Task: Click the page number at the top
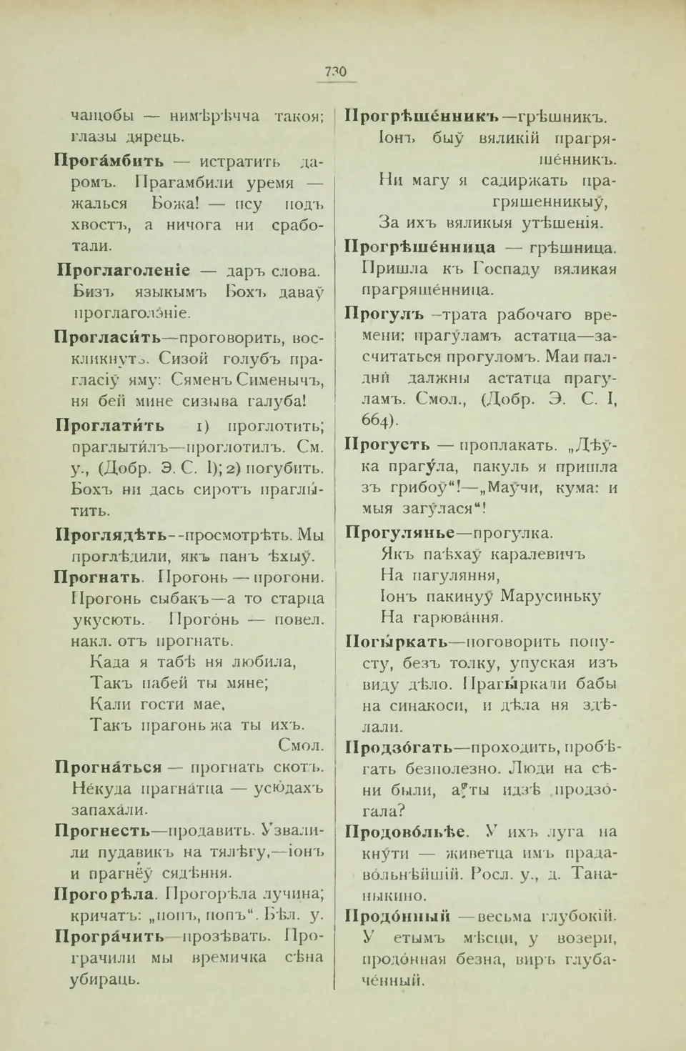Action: [335, 71]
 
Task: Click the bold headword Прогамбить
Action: [109, 161]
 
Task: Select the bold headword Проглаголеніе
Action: [123, 270]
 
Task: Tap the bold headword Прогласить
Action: [108, 337]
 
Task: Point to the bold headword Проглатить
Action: [110, 426]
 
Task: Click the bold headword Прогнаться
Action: [109, 767]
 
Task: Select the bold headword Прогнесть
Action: [102, 830]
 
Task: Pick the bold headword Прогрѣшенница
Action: [420, 247]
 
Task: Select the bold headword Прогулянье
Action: [399, 533]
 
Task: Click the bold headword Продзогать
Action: [399, 747]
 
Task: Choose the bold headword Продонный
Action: [397, 917]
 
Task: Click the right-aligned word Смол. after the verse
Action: [300, 745]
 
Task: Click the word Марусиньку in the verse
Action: [551, 597]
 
